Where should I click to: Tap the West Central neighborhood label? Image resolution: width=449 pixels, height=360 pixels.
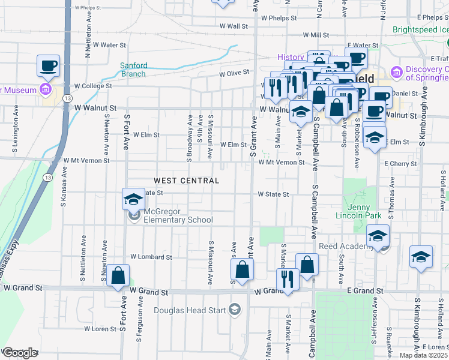186,181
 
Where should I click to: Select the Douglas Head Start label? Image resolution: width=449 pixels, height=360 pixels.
190,310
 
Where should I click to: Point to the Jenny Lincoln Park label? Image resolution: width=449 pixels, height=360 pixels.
362,211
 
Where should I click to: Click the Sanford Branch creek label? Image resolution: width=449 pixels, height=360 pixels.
133,70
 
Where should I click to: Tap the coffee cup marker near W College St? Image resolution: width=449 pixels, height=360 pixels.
48,65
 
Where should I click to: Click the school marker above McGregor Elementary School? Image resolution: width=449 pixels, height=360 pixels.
133,199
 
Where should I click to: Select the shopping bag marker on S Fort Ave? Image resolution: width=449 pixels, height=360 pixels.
119,277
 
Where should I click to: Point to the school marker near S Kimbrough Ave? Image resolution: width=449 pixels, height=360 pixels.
421,257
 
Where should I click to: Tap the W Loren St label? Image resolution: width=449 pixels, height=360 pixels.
99,329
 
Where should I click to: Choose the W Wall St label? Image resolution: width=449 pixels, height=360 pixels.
234,26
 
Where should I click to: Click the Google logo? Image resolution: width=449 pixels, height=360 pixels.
20,353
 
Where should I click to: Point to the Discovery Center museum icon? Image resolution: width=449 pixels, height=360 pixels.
396,73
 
